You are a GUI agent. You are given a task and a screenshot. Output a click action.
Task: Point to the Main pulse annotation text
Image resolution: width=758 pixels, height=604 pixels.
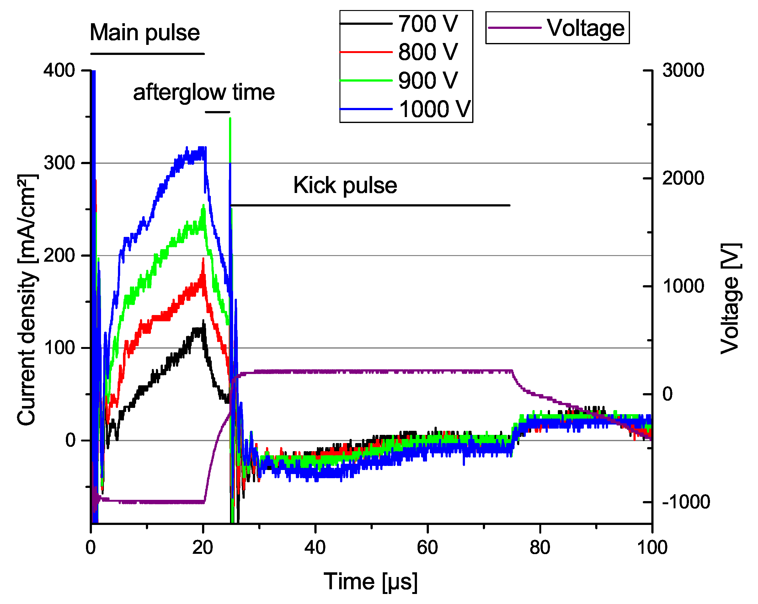[145, 32]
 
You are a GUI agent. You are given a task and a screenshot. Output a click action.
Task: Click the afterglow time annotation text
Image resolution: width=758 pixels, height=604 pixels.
[204, 93]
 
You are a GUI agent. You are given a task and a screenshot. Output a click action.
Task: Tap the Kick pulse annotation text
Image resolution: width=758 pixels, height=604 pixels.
[345, 185]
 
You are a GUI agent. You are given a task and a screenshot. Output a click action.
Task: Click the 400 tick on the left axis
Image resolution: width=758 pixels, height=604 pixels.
[59, 70]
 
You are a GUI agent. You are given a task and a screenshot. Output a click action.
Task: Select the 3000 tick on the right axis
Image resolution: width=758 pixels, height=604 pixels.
[683, 70]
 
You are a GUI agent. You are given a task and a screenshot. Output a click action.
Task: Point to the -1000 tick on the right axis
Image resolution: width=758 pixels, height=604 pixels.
[686, 502]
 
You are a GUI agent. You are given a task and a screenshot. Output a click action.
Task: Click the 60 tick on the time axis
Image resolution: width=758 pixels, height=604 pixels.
[427, 548]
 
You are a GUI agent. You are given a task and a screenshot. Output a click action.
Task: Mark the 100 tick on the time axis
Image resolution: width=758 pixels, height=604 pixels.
[652, 548]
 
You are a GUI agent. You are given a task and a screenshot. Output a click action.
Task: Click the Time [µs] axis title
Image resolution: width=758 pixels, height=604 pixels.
[371, 582]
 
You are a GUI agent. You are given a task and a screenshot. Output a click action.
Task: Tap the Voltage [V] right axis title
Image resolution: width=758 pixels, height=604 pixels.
[731, 299]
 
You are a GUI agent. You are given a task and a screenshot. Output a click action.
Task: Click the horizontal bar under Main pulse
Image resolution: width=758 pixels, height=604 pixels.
[147, 54]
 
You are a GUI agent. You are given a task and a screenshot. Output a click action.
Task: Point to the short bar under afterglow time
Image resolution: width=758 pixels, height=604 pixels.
[217, 112]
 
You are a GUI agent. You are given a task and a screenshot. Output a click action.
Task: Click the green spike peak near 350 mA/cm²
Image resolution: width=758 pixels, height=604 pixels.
[230, 119]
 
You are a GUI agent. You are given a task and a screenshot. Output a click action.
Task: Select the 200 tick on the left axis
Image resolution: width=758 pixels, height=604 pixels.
[59, 255]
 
